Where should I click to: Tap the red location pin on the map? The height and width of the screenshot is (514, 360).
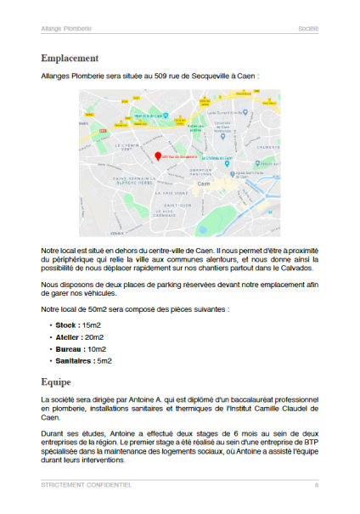(x=158, y=155)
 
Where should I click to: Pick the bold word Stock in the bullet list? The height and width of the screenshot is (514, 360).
(x=66, y=325)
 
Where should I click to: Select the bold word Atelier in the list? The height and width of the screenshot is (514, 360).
(x=69, y=336)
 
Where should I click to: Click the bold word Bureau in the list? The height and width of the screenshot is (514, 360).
(x=69, y=348)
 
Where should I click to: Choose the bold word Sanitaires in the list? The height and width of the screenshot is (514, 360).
(x=74, y=360)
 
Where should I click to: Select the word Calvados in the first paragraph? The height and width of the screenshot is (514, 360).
(x=299, y=268)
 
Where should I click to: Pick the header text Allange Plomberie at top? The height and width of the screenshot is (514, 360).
(x=67, y=28)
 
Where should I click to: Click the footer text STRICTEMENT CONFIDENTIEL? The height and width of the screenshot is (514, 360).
(x=87, y=485)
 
